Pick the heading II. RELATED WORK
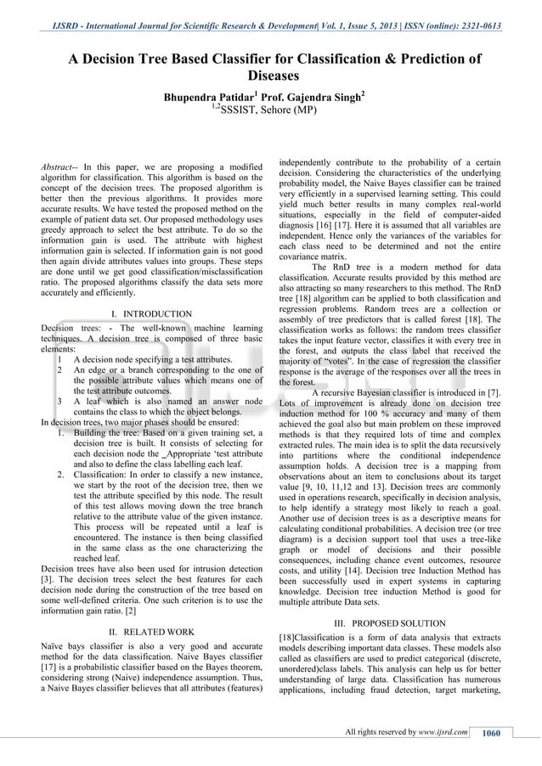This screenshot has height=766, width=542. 153,632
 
